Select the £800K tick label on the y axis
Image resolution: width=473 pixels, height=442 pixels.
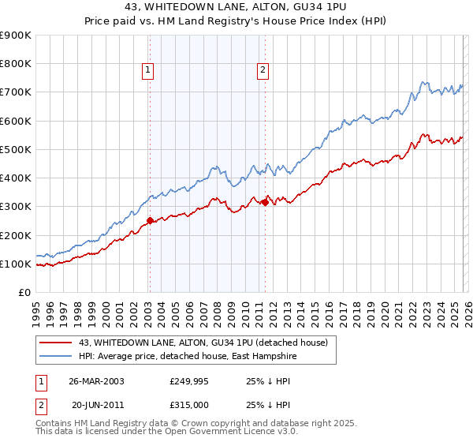tap(16, 64)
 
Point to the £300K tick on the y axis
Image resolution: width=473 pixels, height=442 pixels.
tap(16, 207)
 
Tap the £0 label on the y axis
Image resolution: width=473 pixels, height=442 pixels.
tap(24, 293)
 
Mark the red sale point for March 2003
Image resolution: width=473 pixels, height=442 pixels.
tap(150, 221)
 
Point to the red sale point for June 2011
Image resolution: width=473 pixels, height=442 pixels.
tap(265, 202)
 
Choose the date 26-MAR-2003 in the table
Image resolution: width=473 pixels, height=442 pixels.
tap(97, 380)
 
